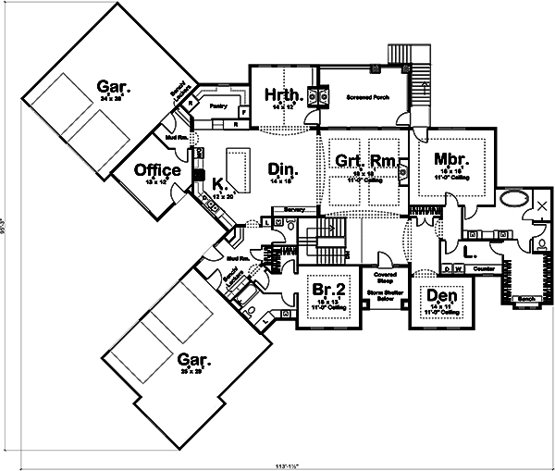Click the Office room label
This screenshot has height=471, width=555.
156,170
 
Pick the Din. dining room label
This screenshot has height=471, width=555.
281,168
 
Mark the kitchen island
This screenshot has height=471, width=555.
239,167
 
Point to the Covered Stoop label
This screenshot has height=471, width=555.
385,279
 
